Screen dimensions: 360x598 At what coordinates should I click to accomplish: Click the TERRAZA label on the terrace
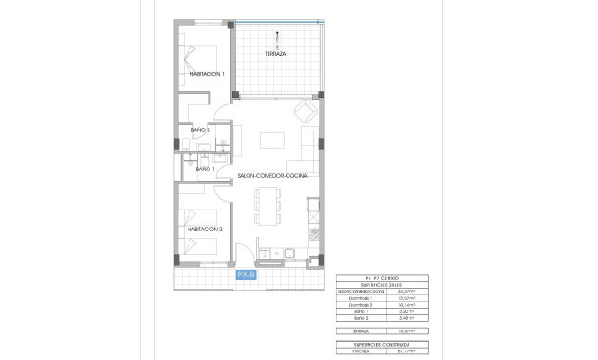pyautogui.click(x=276, y=54)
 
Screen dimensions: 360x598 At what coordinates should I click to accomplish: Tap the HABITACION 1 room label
pyautogui.click(x=207, y=74)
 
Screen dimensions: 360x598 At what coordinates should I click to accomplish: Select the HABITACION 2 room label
pyautogui.click(x=205, y=230)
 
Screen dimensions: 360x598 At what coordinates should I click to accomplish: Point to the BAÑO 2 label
pyautogui.click(x=188, y=130)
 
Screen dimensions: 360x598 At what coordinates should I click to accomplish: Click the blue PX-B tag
pyautogui.click(x=246, y=274)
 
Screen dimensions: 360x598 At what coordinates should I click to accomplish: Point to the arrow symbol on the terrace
pyautogui.click(x=276, y=38)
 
